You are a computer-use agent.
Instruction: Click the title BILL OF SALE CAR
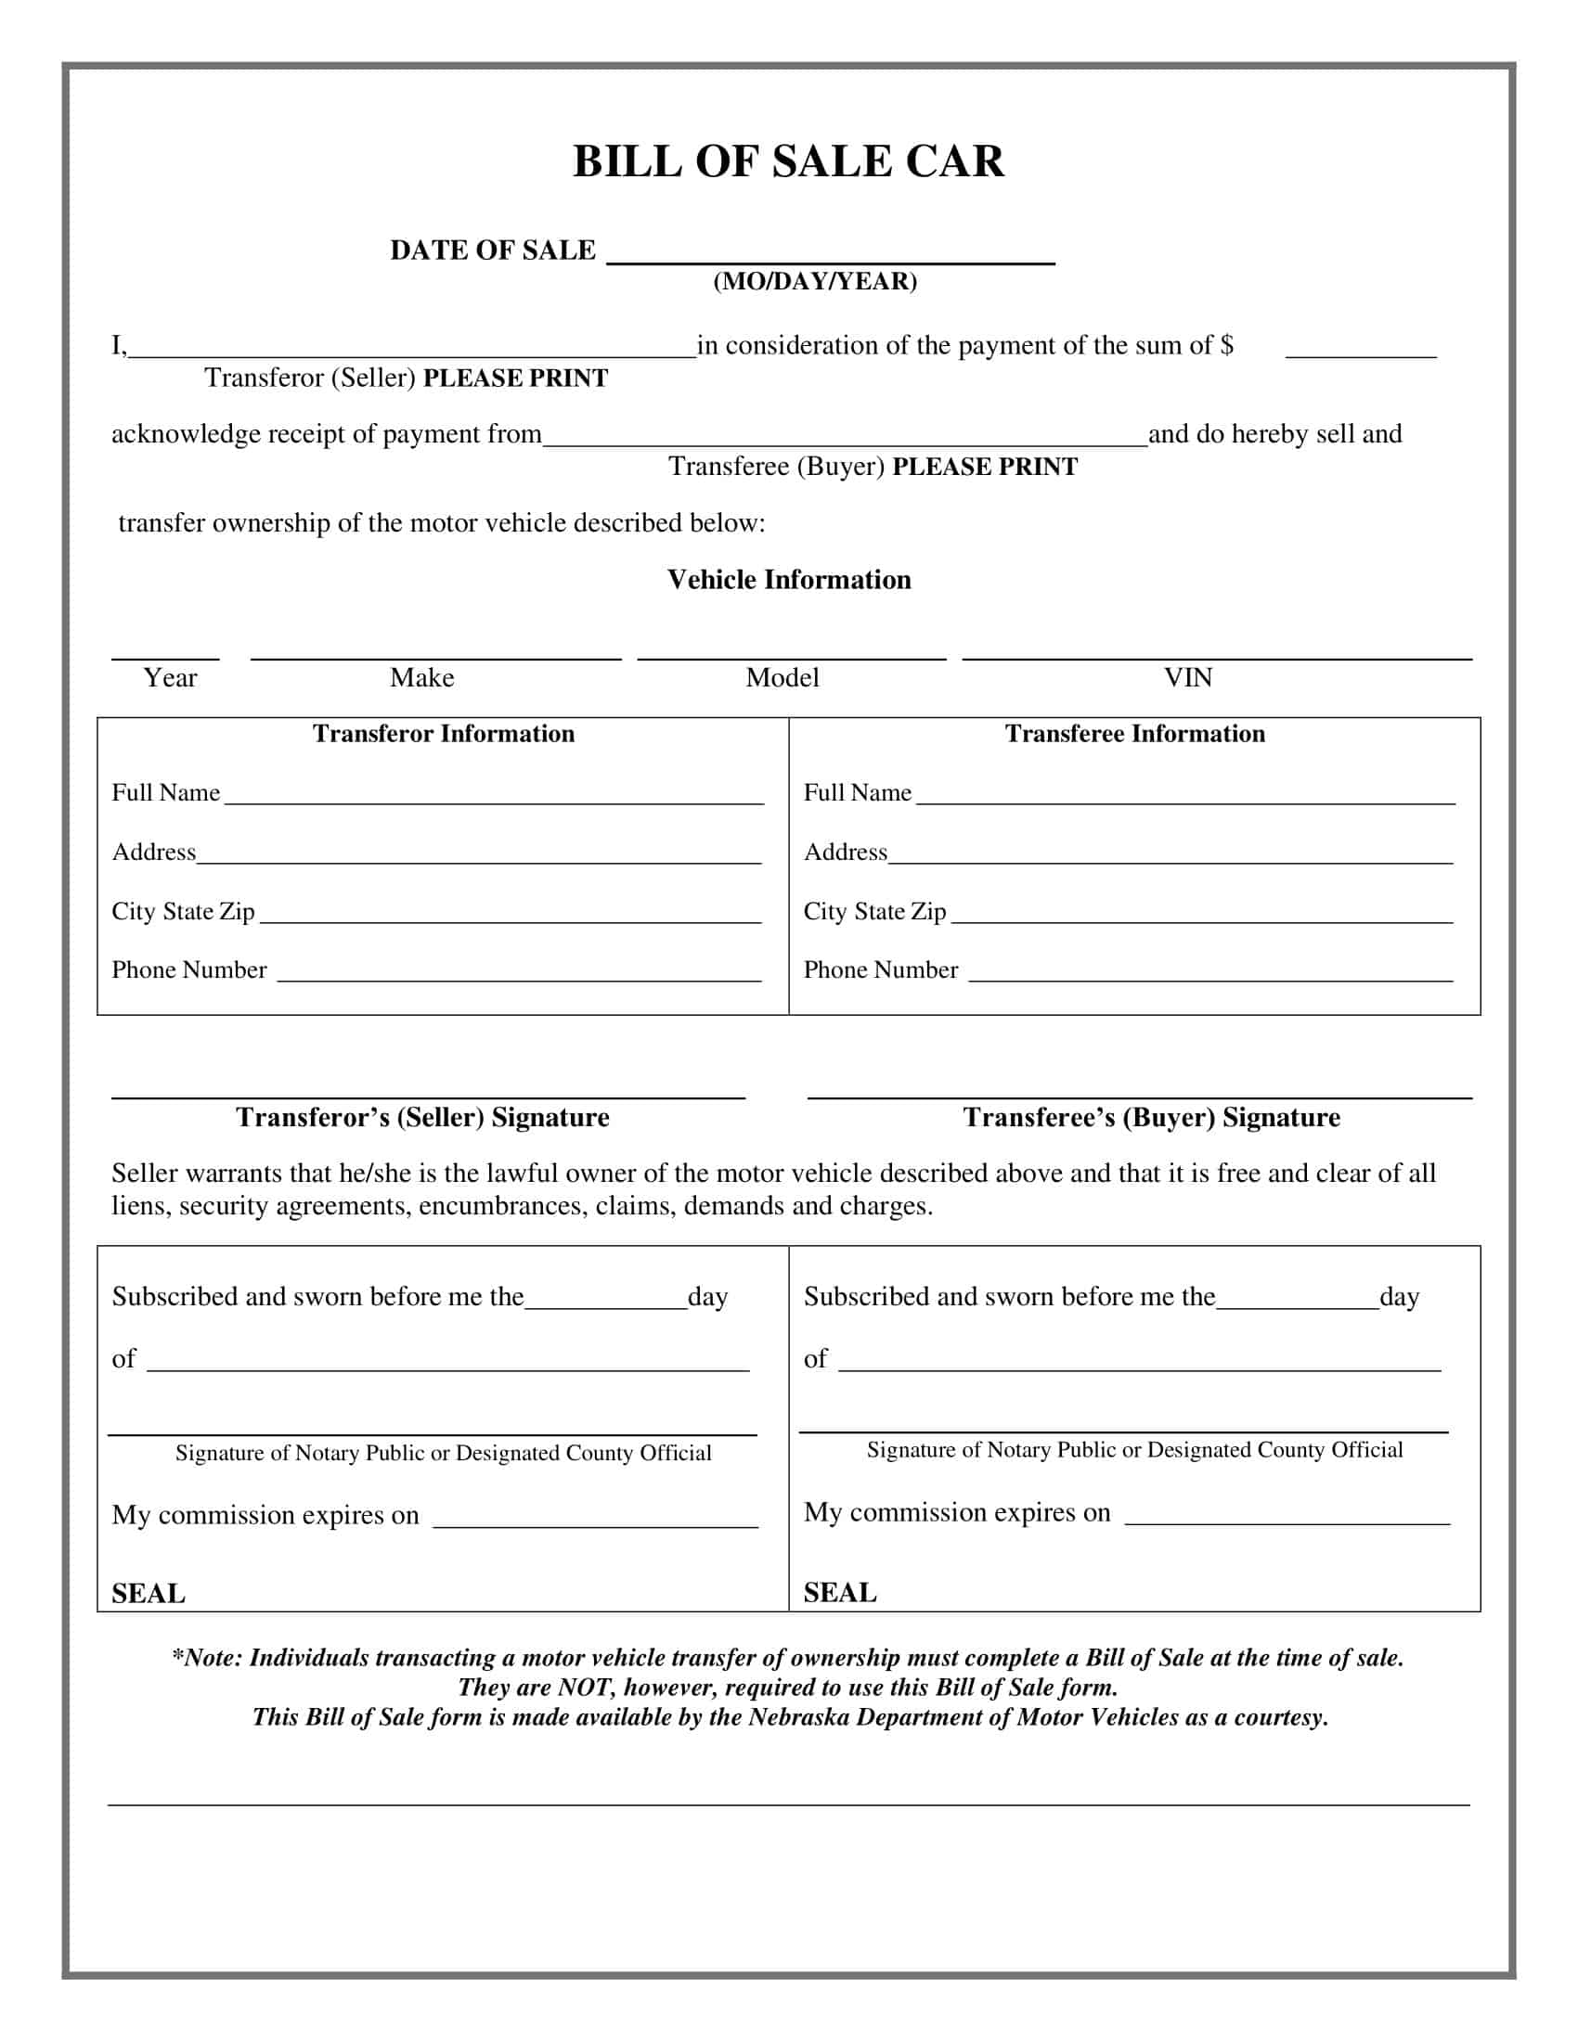pos(788,161)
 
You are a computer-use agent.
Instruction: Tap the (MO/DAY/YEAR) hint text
pos(814,281)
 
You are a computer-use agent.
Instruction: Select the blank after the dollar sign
pos(1360,352)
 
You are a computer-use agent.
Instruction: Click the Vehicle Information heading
pos(788,580)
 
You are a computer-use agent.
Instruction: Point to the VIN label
pos(1187,677)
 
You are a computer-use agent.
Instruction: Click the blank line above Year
pos(165,655)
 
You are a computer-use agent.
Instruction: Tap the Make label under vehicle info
pos(421,677)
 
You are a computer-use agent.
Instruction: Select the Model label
pos(782,677)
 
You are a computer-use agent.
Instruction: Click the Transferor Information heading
pos(443,734)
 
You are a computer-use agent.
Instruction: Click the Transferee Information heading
pos(1134,734)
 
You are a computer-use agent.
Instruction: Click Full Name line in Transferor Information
pos(494,800)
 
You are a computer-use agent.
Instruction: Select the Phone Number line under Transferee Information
pos(1210,978)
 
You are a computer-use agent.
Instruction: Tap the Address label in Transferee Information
pos(845,853)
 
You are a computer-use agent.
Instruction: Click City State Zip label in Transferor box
pos(183,911)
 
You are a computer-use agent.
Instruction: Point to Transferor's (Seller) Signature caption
pos(422,1118)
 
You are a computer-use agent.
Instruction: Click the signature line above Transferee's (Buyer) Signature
pos(1139,1096)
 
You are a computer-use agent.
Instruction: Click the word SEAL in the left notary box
pos(149,1593)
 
